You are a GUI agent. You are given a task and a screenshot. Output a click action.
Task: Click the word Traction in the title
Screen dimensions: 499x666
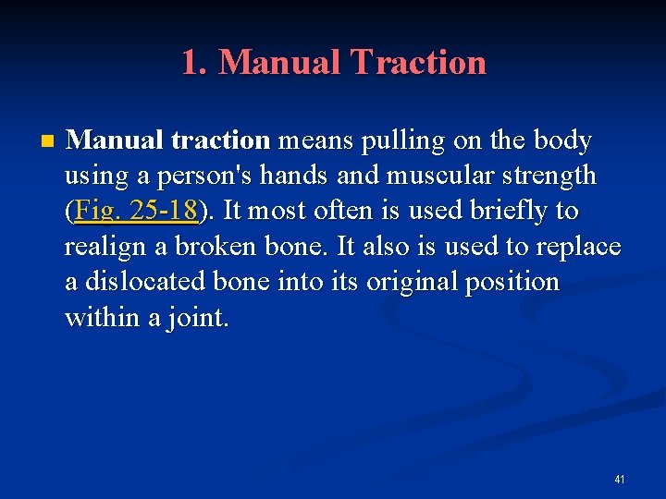[417, 63]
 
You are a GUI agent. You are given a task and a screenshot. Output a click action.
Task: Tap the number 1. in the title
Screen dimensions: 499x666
[195, 63]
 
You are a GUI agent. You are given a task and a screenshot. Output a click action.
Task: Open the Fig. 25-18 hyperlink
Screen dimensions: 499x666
[136, 212]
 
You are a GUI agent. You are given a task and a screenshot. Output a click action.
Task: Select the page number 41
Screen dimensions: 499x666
[620, 480]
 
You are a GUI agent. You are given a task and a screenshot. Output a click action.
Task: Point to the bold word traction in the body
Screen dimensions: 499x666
[221, 140]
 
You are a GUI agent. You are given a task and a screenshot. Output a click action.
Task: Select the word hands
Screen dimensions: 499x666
[309, 176]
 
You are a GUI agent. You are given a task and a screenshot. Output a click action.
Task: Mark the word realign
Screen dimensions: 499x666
[99, 247]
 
